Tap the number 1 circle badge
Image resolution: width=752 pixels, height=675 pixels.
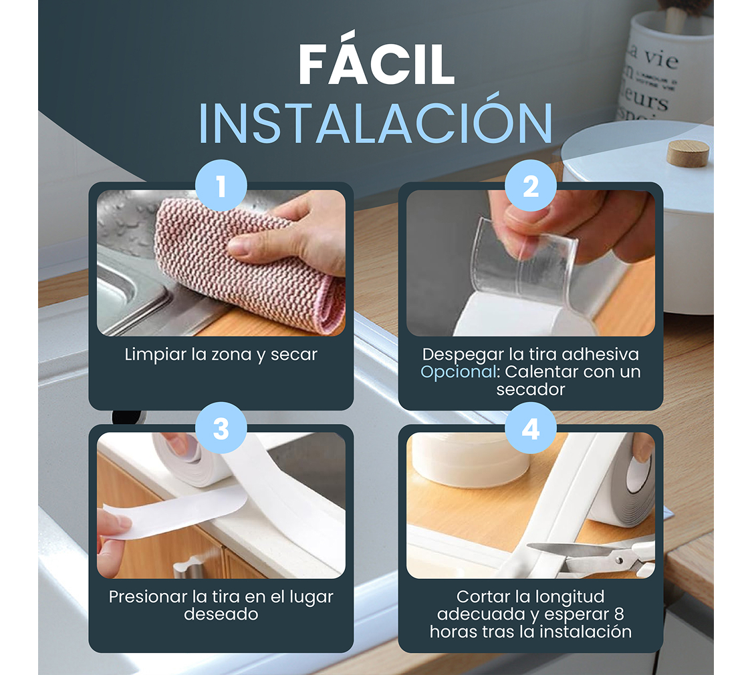221,186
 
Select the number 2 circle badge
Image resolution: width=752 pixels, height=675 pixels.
531,186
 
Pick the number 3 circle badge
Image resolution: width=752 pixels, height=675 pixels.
221,428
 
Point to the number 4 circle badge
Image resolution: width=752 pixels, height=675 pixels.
531,428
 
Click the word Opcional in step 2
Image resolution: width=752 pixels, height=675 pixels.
458,372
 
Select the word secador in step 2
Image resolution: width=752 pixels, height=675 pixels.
531,389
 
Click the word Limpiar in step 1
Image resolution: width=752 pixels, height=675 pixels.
155,355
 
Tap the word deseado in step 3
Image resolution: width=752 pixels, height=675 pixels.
221,614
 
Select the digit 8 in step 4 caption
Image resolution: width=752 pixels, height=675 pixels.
619,614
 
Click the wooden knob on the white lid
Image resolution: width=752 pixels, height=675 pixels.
688,154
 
